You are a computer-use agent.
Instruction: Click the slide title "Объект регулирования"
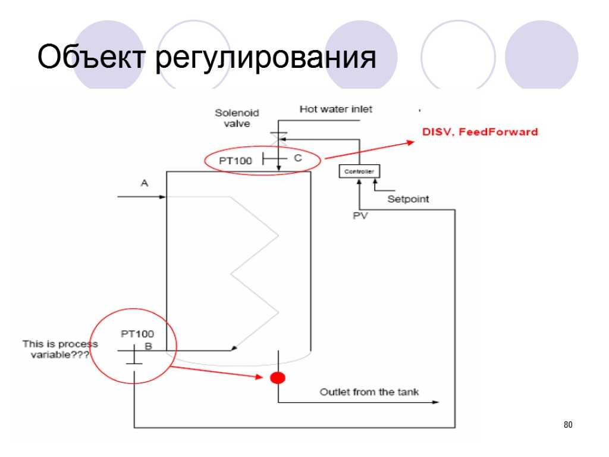tap(206, 59)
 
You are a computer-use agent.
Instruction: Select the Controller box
tap(359, 171)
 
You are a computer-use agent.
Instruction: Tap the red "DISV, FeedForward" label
tap(480, 132)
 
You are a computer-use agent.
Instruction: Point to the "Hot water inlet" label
tap(335, 109)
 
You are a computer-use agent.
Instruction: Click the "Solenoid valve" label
tap(233, 118)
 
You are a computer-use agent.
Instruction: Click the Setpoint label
tap(408, 199)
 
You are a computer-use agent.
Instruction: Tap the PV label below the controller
tap(360, 216)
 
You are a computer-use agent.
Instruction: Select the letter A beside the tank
tap(144, 183)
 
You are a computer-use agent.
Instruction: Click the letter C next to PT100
tap(298, 158)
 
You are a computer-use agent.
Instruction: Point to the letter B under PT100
tap(149, 346)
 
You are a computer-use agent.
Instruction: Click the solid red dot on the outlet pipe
tap(278, 377)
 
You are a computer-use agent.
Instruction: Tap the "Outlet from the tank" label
tap(369, 392)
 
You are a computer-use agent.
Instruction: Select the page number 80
tap(567, 425)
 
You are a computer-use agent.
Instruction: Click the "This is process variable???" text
tap(59, 349)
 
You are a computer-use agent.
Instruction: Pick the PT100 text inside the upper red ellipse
tap(236, 160)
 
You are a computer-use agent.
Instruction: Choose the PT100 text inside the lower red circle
tap(137, 334)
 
